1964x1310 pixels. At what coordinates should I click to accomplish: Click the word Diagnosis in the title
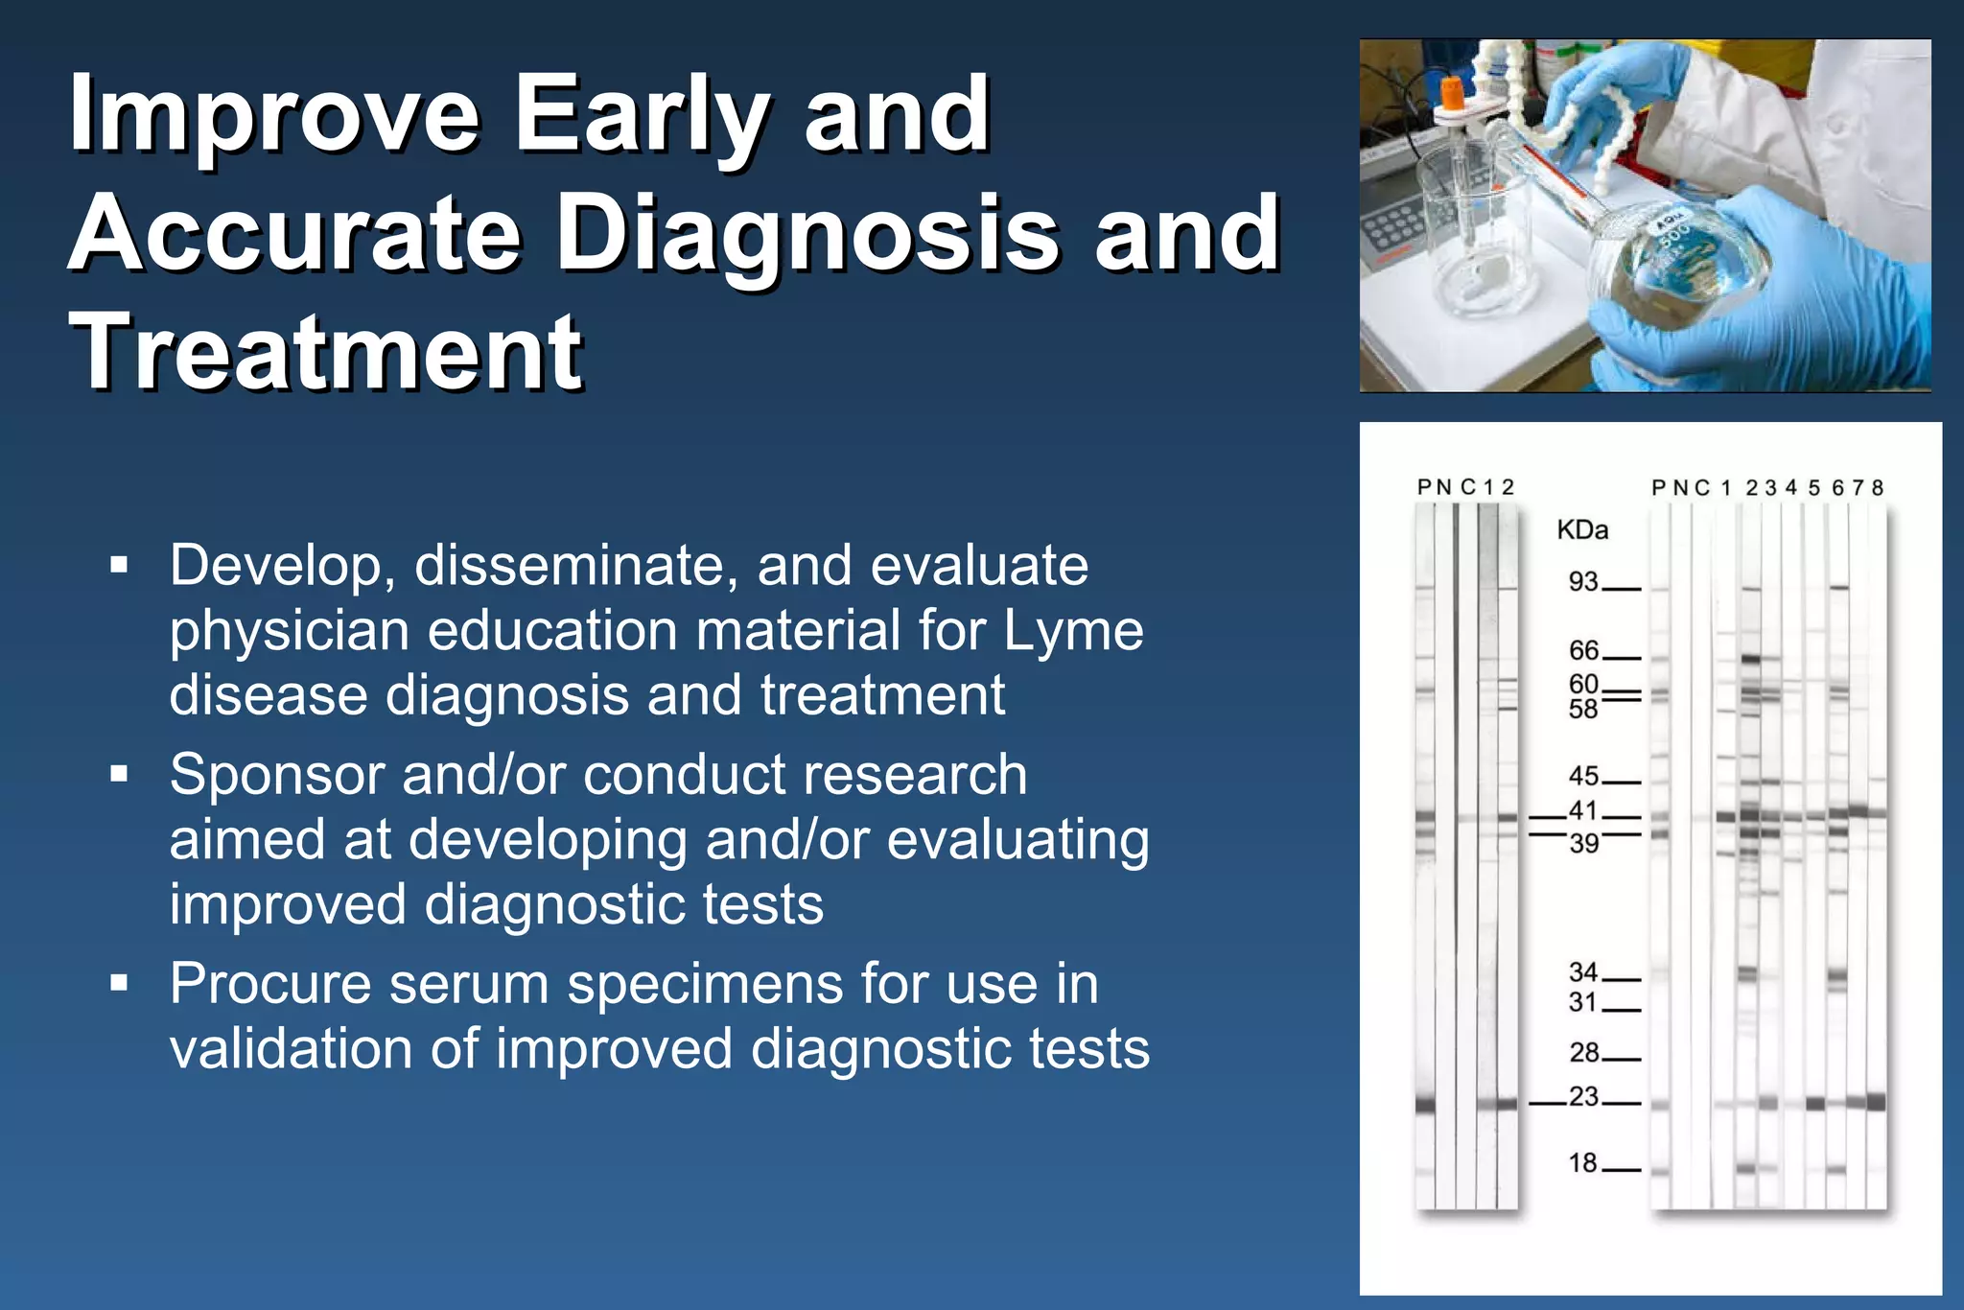[x=807, y=233]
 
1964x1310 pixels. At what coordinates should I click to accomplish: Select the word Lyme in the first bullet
[x=1073, y=631]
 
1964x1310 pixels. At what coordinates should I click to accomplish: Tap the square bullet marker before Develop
[x=119, y=564]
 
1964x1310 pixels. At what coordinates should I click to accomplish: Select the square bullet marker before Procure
[x=119, y=983]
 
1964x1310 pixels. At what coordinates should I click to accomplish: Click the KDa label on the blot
[x=1582, y=530]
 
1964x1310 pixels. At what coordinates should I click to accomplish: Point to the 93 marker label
[x=1583, y=581]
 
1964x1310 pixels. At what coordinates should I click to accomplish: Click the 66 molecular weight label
[x=1583, y=650]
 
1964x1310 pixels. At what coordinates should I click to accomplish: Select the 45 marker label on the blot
[x=1583, y=775]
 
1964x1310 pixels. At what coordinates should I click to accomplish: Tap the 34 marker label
[x=1583, y=971]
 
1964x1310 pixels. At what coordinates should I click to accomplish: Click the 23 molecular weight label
[x=1583, y=1095]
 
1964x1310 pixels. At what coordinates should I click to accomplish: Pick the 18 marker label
[x=1582, y=1162]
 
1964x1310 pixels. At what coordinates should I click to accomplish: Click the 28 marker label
[x=1583, y=1052]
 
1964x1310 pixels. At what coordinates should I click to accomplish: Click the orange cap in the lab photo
[x=1452, y=94]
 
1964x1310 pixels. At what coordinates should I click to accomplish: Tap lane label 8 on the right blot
[x=1877, y=488]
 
